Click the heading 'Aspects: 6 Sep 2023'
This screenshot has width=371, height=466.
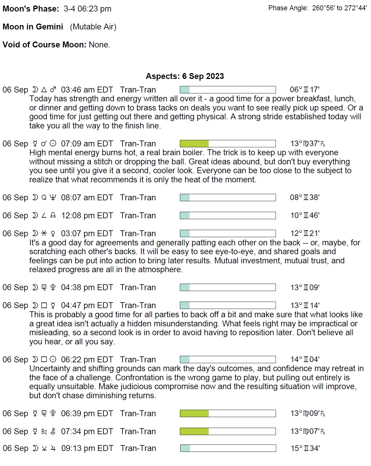pyautogui.click(x=185, y=76)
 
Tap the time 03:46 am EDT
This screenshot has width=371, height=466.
pyautogui.click(x=87, y=90)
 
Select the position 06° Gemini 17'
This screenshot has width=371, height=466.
pyautogui.click(x=304, y=90)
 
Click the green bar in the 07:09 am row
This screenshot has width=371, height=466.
pyautogui.click(x=194, y=144)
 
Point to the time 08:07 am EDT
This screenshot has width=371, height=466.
pyautogui.click(x=87, y=198)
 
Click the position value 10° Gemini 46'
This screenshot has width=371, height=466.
pyautogui.click(x=305, y=216)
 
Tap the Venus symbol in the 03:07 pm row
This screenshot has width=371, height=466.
pyautogui.click(x=53, y=234)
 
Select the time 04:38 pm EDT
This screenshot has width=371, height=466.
pyautogui.click(x=87, y=287)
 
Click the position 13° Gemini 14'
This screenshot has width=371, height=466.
pyautogui.click(x=305, y=305)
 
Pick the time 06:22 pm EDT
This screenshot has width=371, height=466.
pyautogui.click(x=87, y=360)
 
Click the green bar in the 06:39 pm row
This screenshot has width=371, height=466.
pyautogui.click(x=194, y=414)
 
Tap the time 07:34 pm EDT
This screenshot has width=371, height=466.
pyautogui.click(x=87, y=432)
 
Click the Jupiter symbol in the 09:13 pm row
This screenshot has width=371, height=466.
pyautogui.click(x=53, y=449)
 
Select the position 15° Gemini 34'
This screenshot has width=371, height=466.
pyautogui.click(x=305, y=448)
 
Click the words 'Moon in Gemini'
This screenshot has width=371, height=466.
pyautogui.click(x=33, y=27)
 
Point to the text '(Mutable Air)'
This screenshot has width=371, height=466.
pyautogui.click(x=93, y=27)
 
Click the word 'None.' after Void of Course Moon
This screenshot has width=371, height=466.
pyautogui.click(x=99, y=45)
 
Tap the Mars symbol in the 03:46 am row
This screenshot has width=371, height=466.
pyautogui.click(x=53, y=90)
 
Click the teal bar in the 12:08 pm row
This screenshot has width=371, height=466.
pyautogui.click(x=185, y=216)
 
